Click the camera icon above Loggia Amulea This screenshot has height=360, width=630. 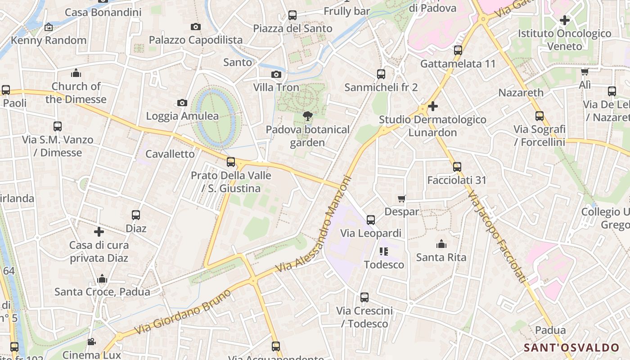coord(182,103)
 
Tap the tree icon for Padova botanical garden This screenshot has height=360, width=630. coord(308,117)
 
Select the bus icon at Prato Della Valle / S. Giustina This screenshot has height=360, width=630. coord(231,162)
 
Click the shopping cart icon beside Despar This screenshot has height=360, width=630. coord(402,198)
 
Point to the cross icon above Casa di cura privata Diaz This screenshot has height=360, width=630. coord(99,232)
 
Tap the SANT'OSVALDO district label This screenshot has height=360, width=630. coord(571,347)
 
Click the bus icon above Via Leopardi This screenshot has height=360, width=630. coord(371,220)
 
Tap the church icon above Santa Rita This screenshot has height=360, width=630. coord(441,244)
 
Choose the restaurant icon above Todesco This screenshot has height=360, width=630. coord(383,252)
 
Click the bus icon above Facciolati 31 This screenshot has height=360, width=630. coord(457,167)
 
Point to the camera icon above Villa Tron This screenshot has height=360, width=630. coord(276,74)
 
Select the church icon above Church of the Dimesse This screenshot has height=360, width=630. coord(76,73)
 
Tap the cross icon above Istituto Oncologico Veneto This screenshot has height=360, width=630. coord(564,20)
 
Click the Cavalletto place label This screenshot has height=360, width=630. coord(170,154)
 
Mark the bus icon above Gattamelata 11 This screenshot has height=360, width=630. coord(458,50)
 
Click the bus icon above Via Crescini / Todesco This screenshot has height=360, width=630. coord(364,297)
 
